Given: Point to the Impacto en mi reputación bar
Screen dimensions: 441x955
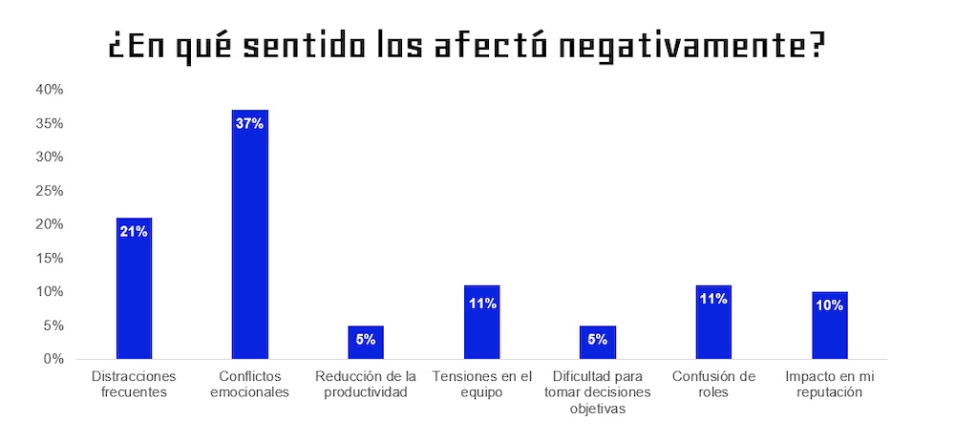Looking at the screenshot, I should [x=829, y=325].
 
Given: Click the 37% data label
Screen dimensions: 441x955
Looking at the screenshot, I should [x=250, y=123].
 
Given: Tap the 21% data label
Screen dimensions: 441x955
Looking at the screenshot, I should [x=134, y=231].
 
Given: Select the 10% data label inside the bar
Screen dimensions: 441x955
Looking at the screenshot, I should [x=829, y=305].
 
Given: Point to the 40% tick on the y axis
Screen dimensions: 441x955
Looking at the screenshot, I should [x=50, y=90].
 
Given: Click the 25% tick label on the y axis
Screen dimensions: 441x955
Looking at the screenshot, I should [x=50, y=191].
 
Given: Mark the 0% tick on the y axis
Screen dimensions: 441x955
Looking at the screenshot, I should [x=53, y=359].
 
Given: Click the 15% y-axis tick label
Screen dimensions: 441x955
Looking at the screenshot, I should [x=50, y=258].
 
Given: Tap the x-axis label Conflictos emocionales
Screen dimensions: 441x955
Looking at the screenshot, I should [x=250, y=384].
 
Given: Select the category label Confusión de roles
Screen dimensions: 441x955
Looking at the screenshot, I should [x=713, y=384].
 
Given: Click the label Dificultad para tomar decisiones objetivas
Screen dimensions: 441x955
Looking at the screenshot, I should [x=597, y=391].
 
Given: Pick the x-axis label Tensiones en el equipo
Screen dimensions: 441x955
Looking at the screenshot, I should [x=481, y=384].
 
